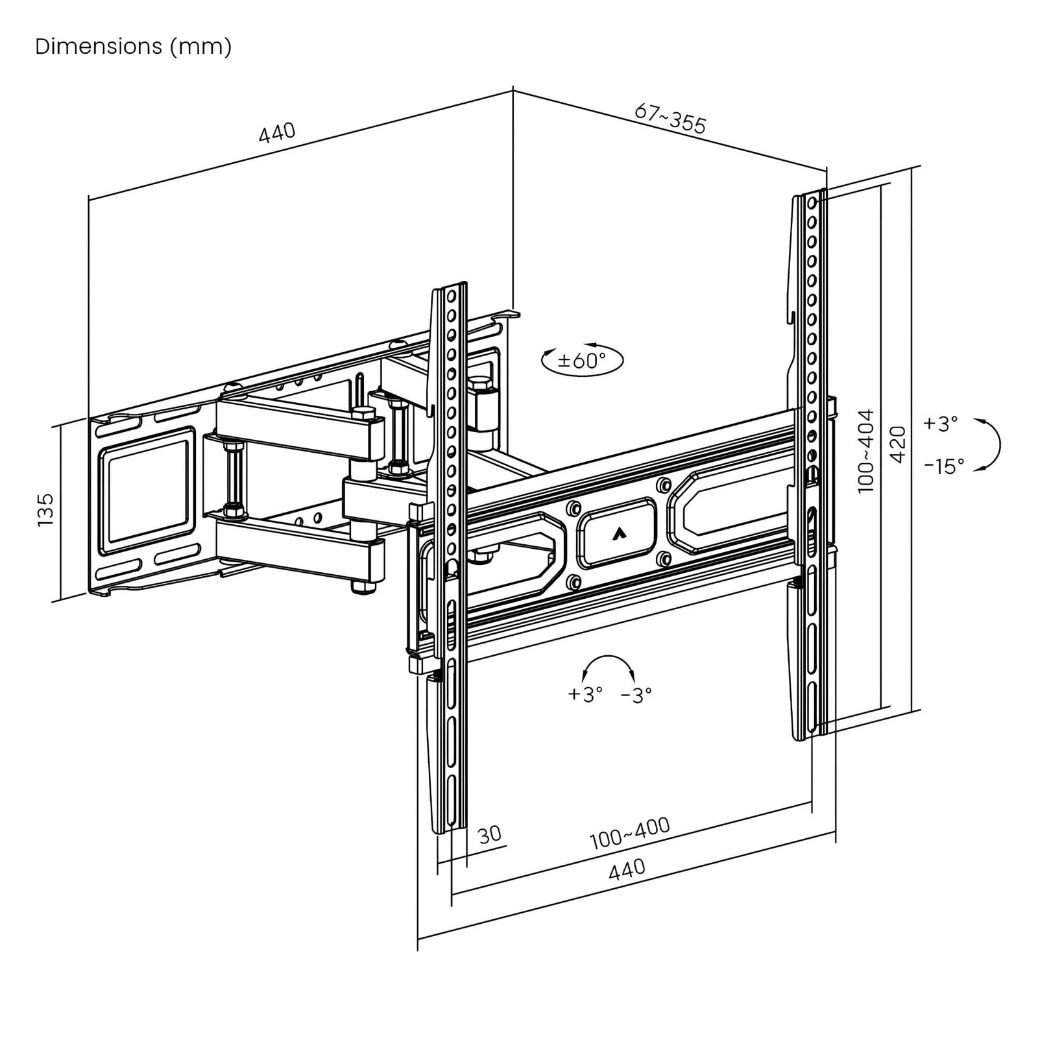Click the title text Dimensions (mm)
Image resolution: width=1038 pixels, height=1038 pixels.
pyautogui.click(x=133, y=47)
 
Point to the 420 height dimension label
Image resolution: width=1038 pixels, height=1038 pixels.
pyautogui.click(x=898, y=444)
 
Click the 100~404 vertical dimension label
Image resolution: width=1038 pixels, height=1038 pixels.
pyautogui.click(x=866, y=450)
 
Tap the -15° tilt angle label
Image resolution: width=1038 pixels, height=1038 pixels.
pyautogui.click(x=944, y=465)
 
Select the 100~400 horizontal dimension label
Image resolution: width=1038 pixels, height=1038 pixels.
pyautogui.click(x=629, y=833)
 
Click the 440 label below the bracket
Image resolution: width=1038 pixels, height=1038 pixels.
pyautogui.click(x=627, y=869)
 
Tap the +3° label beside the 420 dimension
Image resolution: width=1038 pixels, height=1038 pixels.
pyautogui.click(x=940, y=424)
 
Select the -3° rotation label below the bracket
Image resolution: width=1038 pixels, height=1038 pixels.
pyautogui.click(x=636, y=695)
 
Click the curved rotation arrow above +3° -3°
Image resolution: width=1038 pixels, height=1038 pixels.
pyautogui.click(x=609, y=666)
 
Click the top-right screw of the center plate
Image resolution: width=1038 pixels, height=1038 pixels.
pyautogui.click(x=663, y=485)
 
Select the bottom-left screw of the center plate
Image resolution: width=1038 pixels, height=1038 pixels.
pyautogui.click(x=573, y=583)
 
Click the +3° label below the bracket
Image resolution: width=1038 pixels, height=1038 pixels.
pyautogui.click(x=585, y=694)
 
